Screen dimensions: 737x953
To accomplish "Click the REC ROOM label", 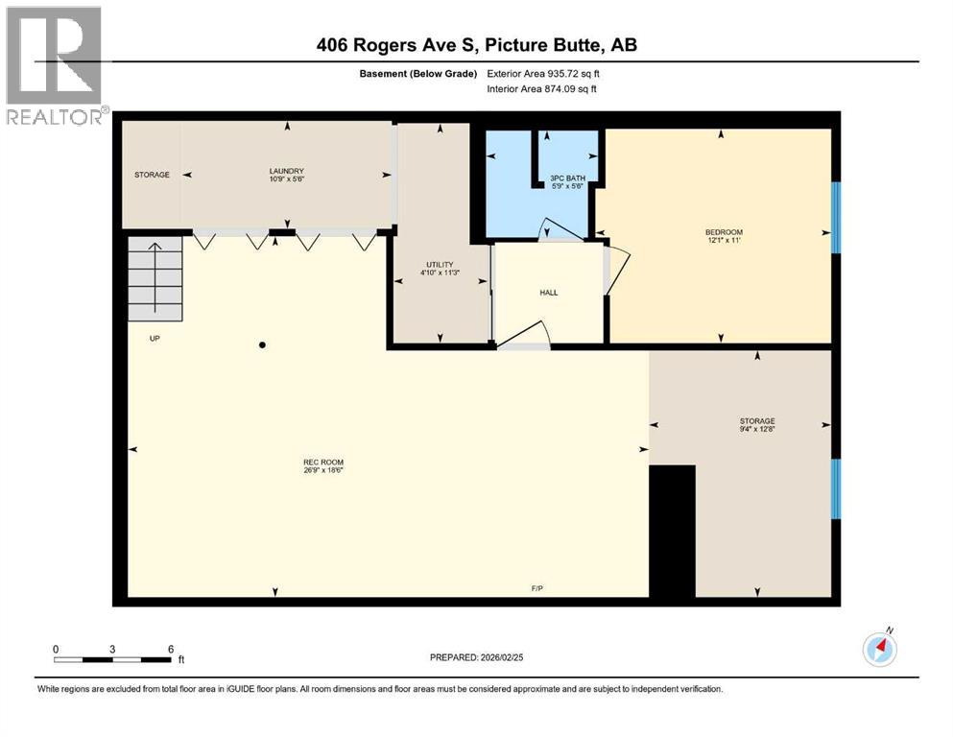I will click(316, 461).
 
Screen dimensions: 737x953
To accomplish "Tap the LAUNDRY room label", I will click(286, 171).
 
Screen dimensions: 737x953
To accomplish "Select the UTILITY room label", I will click(439, 264).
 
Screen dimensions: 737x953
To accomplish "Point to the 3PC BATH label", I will click(567, 178).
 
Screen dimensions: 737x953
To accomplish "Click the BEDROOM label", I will click(724, 232).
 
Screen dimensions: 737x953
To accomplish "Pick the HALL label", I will click(548, 293).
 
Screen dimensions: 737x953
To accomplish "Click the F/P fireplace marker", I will click(538, 587).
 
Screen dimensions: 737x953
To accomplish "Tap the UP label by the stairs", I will click(154, 339).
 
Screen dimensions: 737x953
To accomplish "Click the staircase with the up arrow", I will click(155, 279).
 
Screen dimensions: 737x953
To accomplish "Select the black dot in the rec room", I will click(262, 345).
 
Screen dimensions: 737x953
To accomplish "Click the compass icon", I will click(879, 650).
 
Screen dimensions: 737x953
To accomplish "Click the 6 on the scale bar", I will click(171, 649).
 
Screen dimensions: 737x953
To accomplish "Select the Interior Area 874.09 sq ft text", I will click(543, 89).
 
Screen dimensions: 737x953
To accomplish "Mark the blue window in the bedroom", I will click(835, 217).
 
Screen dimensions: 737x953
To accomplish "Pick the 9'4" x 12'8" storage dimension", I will click(756, 430).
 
